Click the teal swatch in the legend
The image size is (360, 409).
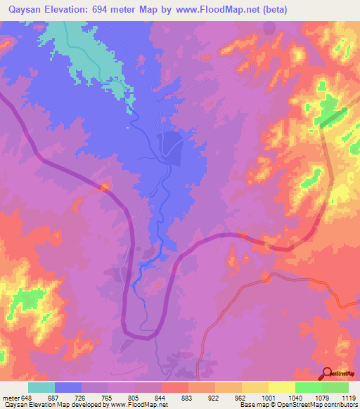point(41,388)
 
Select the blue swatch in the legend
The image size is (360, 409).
point(68,388)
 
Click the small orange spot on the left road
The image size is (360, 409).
point(105,186)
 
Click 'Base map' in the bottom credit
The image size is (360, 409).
point(252,405)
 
